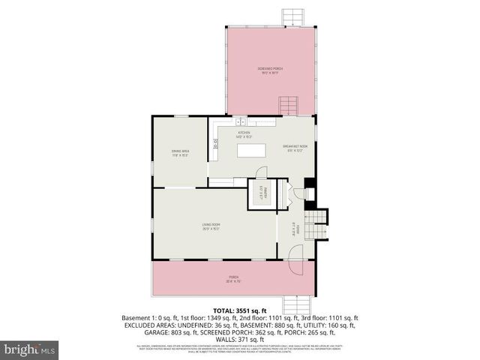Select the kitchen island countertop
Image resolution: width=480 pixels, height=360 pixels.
252,151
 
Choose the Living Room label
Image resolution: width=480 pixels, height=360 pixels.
210,226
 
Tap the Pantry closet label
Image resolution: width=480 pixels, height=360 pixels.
261,193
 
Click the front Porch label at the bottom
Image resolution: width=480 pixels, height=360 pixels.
234,279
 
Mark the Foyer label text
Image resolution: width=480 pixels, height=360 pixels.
297,229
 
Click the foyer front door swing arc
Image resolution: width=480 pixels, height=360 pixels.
295,253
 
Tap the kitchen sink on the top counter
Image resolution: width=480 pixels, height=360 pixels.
240,121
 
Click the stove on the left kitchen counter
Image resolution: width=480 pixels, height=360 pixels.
215,146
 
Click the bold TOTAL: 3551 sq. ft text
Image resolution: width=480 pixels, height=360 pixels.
240,310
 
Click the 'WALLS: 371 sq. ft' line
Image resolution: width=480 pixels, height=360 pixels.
240,339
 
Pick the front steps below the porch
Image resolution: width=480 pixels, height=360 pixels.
299,302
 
